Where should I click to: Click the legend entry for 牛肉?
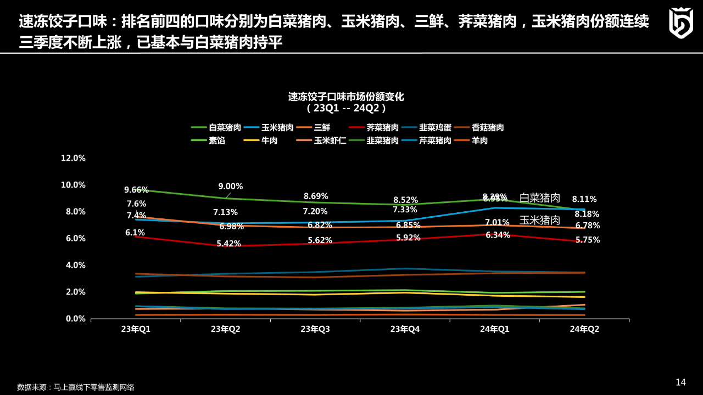point(269,140)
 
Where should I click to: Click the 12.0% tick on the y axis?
point(73,158)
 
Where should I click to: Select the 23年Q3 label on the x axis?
point(315,329)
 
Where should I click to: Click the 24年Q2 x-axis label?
point(584,329)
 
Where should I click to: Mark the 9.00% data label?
point(231,187)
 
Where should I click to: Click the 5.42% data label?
point(228,244)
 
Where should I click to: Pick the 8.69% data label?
point(316,196)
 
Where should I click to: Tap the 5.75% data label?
point(588,240)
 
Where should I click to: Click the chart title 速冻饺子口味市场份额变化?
point(346,97)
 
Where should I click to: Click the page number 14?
point(680,382)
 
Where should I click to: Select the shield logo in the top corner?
point(680,23)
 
